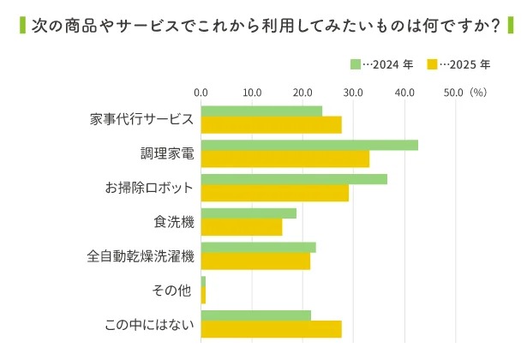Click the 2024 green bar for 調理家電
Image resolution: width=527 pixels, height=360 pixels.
pos(309,145)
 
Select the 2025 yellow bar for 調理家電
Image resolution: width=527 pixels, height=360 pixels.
pos(285,159)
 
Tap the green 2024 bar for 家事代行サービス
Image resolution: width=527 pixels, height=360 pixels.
pos(261,111)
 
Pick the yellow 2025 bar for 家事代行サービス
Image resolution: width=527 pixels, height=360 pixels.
pos(271,124)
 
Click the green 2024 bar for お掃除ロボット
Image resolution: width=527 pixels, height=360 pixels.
pos(294,179)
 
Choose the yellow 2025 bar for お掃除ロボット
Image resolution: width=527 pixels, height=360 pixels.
pos(275,193)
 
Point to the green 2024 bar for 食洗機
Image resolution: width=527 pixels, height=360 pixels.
pos(249,213)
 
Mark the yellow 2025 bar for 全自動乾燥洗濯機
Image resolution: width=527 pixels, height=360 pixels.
pos(255,261)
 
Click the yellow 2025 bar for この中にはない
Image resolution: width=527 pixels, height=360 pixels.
pos(271,329)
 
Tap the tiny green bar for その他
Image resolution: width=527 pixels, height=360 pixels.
pos(203,282)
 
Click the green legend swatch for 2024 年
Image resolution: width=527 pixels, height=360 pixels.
pos(356,64)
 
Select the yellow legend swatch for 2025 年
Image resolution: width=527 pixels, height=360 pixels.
pos(433,64)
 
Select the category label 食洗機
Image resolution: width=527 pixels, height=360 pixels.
pos(174,222)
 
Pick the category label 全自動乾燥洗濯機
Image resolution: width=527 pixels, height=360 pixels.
pos(141,256)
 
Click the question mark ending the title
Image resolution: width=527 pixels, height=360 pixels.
pos(494,26)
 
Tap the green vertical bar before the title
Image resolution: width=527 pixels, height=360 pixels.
pos(21,26)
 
